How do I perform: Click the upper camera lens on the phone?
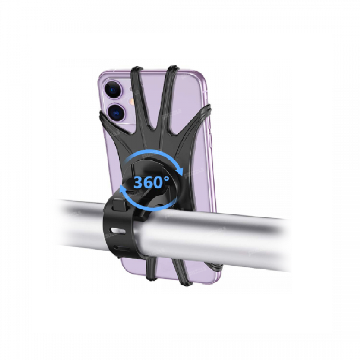pyautogui.click(x=112, y=90)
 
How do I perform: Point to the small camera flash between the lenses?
pyautogui.click(x=132, y=101)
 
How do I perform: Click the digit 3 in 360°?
pyautogui.click(x=139, y=183)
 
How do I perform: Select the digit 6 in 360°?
pyautogui.click(x=149, y=183)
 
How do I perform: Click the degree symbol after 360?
pyautogui.click(x=167, y=178)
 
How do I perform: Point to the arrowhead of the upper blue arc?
pyautogui.click(x=181, y=171)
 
